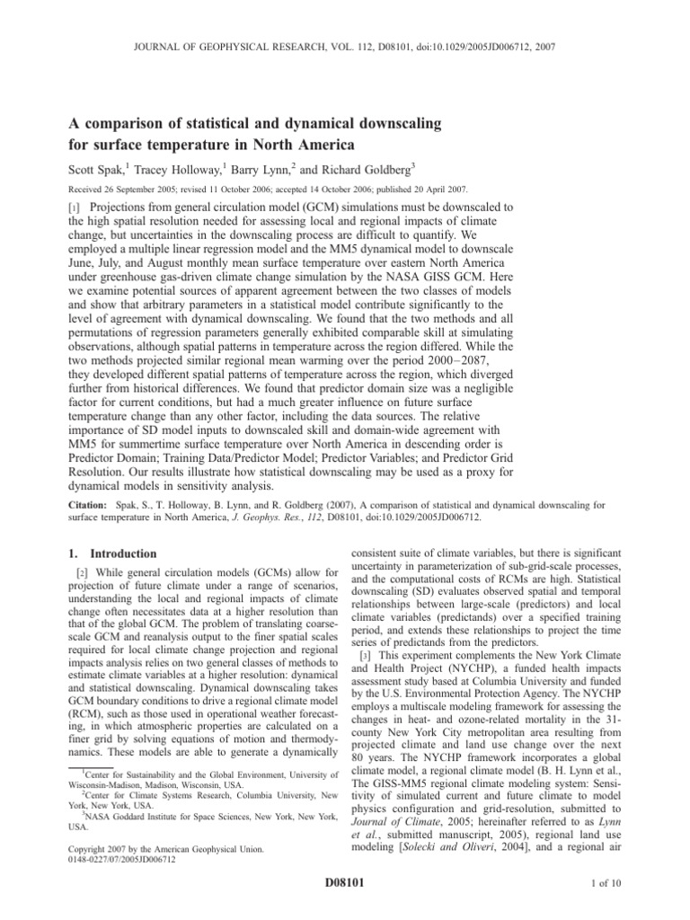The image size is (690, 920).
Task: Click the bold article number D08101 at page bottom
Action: tap(345, 884)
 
